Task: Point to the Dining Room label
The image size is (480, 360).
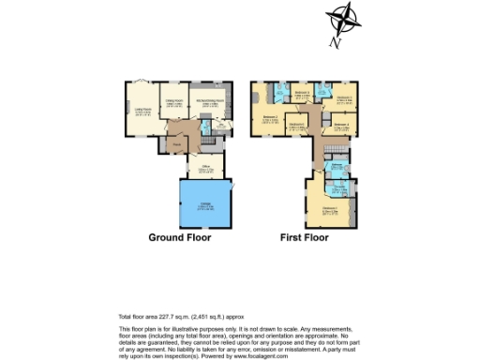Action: pyautogui.click(x=174, y=103)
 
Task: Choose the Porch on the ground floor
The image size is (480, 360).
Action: pyautogui.click(x=176, y=144)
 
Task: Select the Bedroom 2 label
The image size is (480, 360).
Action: pyautogui.click(x=270, y=119)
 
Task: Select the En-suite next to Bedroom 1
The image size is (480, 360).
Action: pyautogui.click(x=339, y=187)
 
